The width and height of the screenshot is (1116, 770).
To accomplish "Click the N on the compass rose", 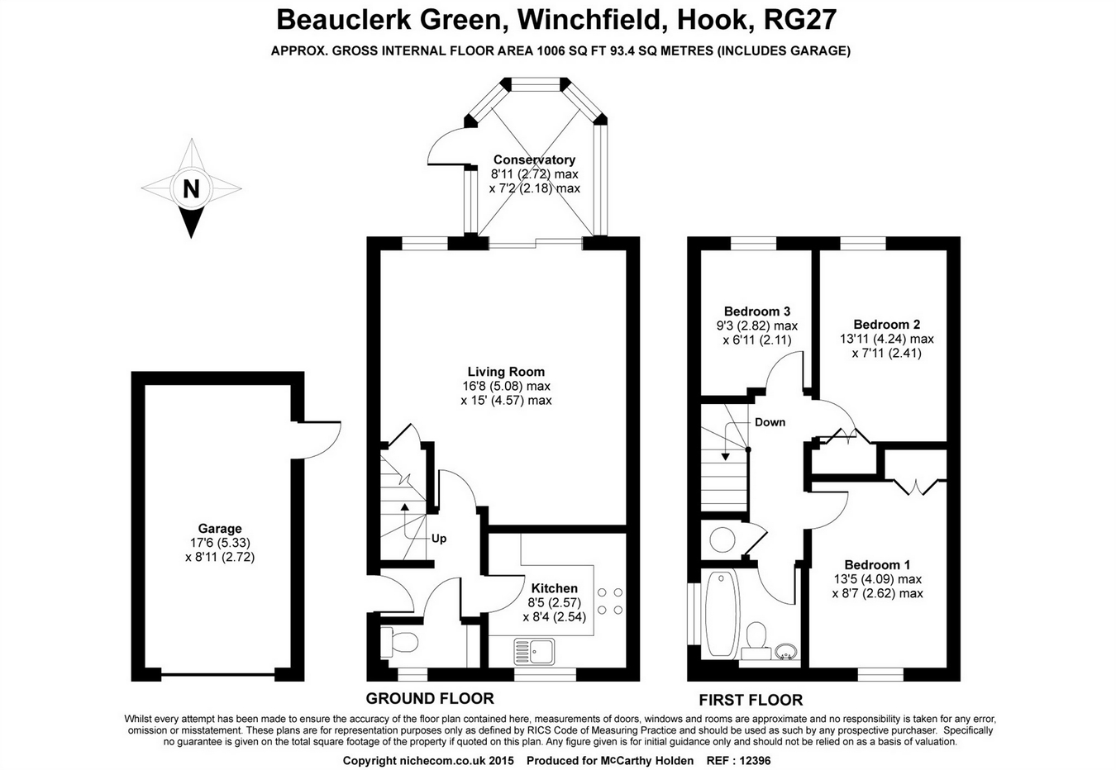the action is coord(191,189).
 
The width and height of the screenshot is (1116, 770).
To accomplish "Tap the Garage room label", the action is coord(220,529).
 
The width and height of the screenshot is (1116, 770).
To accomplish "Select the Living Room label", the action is coord(506,372).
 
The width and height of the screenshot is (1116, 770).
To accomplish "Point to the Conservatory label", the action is coord(534,159).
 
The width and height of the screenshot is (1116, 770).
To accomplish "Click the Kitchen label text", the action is coord(554,588).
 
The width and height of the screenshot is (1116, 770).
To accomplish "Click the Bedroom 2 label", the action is coord(886,325).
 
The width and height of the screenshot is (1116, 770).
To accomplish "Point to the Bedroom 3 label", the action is coord(756,311).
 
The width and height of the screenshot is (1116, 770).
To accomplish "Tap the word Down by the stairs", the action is coord(770,422).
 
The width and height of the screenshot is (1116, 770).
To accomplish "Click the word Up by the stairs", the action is coord(439,539).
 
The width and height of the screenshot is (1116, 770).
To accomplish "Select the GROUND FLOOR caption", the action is coord(430,698).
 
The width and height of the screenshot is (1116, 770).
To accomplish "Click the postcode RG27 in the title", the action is coord(793,18).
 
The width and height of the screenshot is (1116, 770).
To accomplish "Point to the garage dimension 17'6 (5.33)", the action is coord(220,543).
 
